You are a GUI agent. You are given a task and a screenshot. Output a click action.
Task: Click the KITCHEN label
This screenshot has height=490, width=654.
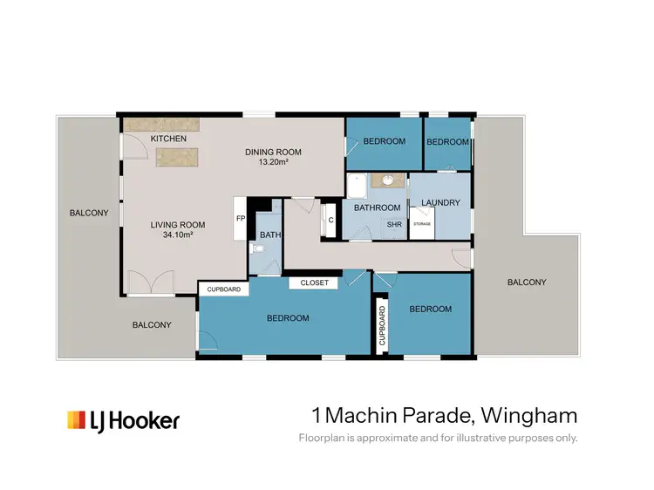pyautogui.click(x=168, y=140)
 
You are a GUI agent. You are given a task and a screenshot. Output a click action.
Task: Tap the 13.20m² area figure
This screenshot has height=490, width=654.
pyautogui.click(x=273, y=162)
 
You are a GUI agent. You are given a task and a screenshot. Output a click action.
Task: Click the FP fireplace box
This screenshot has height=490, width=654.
pyautogui.click(x=240, y=218)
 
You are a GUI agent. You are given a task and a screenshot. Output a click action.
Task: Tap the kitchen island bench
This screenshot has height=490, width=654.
pyautogui.click(x=176, y=156)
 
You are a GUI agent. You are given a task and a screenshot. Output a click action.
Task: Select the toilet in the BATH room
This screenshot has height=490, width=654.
pyautogui.click(x=254, y=248)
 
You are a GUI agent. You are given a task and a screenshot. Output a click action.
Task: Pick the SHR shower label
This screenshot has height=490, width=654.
pyautogui.click(x=394, y=224)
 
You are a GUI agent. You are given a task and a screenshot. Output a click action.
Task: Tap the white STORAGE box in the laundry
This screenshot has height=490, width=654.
pyautogui.click(x=422, y=225)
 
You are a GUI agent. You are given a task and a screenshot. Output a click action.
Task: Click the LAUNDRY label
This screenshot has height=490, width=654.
pyautogui.click(x=440, y=203)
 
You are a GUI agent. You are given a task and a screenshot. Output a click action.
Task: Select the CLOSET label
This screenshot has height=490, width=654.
pyautogui.click(x=314, y=282)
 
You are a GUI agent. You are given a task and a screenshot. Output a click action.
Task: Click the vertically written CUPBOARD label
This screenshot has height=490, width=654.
pyautogui.click(x=381, y=326)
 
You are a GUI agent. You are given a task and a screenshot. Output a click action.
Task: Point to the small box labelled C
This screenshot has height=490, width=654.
pyautogui.click(x=330, y=219)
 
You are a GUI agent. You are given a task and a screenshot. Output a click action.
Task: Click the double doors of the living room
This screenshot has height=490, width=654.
pyautogui.click(x=145, y=284)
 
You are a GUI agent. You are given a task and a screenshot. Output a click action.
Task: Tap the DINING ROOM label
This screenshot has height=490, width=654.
pyautogui.click(x=273, y=152)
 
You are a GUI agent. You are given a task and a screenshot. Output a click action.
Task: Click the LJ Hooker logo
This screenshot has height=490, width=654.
pyautogui.click(x=123, y=420)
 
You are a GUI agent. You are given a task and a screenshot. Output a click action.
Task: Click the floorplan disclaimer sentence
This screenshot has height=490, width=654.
pyautogui.click(x=438, y=438)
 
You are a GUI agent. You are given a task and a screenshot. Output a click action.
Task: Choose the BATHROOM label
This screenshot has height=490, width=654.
pyautogui.click(x=377, y=208)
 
